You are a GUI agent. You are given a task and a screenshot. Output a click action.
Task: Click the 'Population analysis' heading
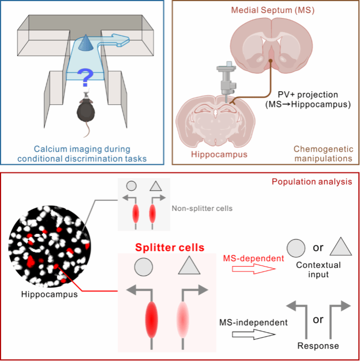[x=311, y=181]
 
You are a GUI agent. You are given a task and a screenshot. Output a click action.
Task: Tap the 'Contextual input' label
[x=318, y=269]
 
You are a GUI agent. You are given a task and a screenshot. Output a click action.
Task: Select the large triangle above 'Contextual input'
[x=340, y=248]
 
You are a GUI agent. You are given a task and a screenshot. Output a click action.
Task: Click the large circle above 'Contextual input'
[x=295, y=248]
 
